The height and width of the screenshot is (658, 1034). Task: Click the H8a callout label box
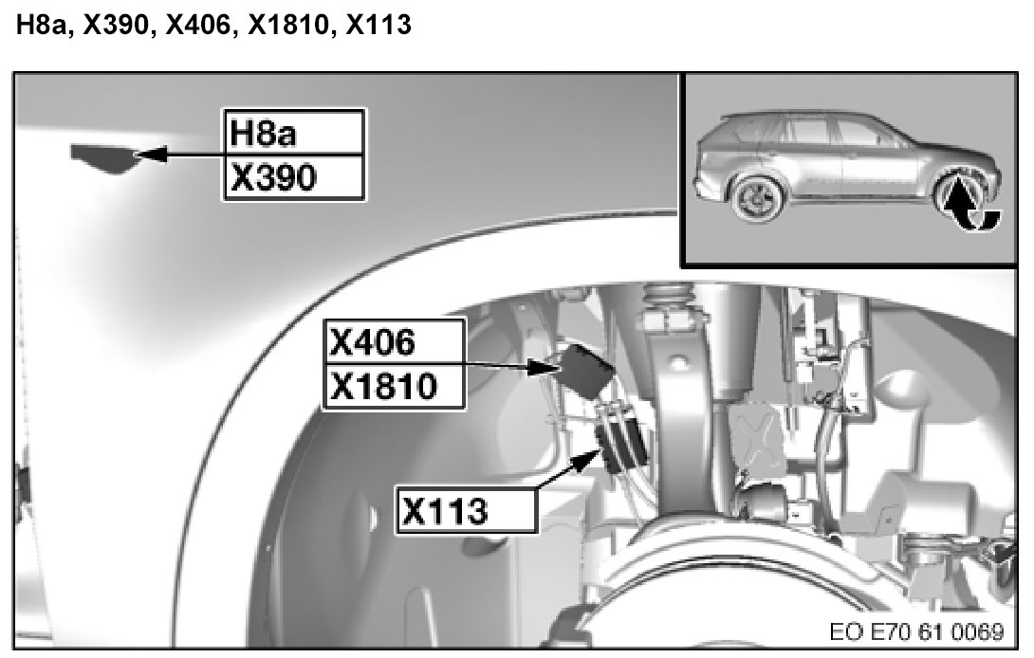(294, 133)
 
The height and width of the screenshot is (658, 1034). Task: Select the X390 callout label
(294, 177)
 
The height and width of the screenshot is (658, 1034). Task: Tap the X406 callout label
(395, 341)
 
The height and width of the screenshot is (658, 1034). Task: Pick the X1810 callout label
(395, 386)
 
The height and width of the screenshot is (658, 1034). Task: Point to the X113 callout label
(466, 510)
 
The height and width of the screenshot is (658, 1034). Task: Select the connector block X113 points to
(620, 436)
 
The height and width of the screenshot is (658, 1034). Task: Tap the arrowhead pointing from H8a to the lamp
(150, 155)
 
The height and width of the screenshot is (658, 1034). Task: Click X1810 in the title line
(287, 25)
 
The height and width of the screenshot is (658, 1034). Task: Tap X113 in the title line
(379, 25)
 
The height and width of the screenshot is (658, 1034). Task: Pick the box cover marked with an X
(756, 437)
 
